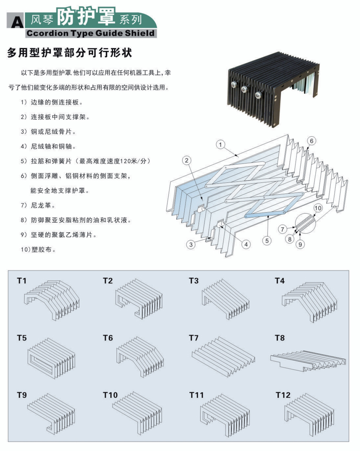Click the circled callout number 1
(220, 144)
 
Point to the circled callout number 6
(311, 140)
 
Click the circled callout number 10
(318, 208)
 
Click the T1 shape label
(22, 280)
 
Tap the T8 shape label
(280, 338)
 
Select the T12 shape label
(283, 395)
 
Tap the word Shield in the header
(141, 33)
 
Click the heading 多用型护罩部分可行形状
(70, 53)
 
